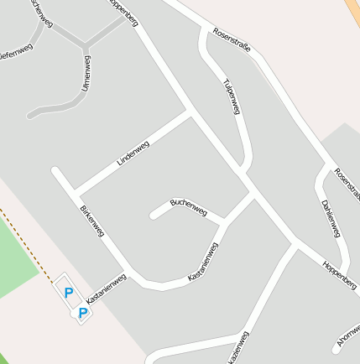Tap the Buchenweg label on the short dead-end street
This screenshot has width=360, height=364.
(188, 205)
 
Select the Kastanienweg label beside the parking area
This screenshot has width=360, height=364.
(106, 288)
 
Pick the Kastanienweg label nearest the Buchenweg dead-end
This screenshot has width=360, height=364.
(203, 262)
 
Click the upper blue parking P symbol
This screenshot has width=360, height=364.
(69, 294)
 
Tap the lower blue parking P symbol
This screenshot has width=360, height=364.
(83, 313)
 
